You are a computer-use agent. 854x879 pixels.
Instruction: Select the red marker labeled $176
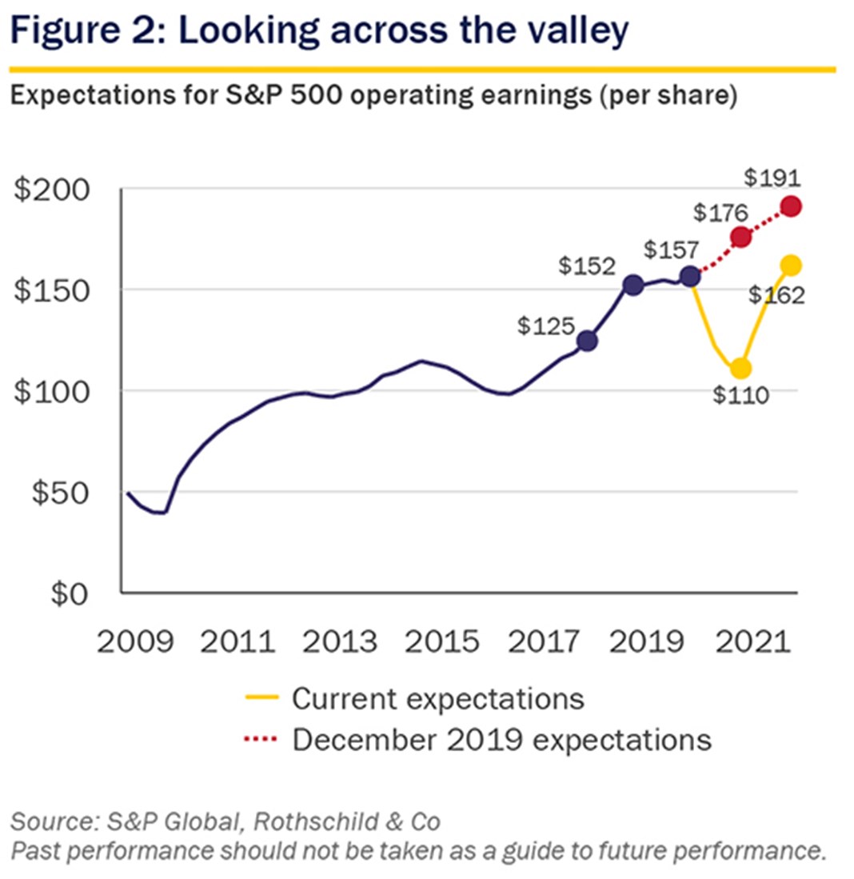[740, 237]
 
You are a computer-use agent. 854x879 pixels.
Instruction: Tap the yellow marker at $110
[740, 369]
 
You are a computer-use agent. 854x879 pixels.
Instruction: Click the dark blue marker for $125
[587, 341]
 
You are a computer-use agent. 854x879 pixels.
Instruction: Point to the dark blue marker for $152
[633, 285]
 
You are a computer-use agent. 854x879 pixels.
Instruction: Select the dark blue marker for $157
[690, 277]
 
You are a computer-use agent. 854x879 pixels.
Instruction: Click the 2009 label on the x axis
[134, 642]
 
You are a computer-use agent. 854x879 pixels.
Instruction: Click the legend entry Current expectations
[437, 698]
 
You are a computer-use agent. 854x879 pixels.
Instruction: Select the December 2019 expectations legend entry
[501, 738]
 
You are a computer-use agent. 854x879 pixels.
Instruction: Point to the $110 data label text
[740, 396]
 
